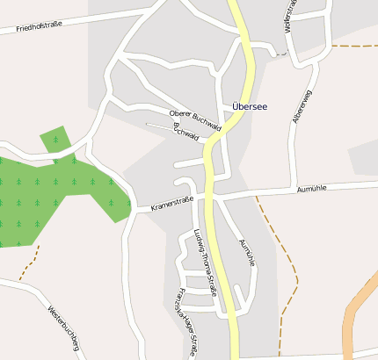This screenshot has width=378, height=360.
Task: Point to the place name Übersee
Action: [250, 106]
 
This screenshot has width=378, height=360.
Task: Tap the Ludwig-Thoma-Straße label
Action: [204, 262]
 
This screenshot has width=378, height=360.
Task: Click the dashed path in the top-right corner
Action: [352, 46]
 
